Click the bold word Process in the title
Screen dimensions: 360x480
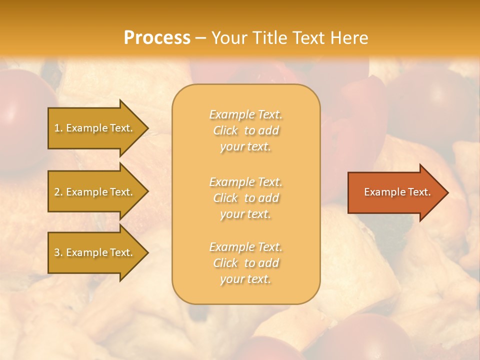pos(157,38)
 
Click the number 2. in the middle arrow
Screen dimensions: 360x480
pos(58,192)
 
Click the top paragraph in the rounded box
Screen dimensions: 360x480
pos(245,130)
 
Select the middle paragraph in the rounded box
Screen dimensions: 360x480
pos(245,198)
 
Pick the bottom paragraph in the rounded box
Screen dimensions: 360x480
pos(245,263)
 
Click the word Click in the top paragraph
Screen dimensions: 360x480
pos(225,130)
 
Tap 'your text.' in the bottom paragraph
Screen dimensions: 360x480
pos(245,279)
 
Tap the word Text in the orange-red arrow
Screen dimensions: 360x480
pos(418,192)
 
